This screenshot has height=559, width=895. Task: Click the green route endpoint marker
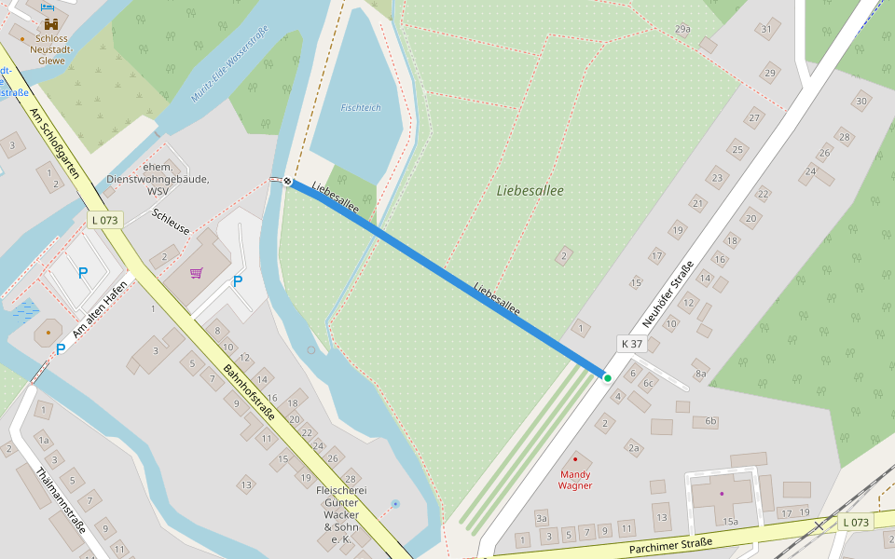click(607, 377)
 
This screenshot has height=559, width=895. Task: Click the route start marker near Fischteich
click(287, 182)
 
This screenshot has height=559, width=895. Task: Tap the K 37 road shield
click(632, 344)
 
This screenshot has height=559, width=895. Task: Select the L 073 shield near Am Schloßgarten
click(106, 220)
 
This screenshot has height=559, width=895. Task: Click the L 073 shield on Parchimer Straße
click(855, 522)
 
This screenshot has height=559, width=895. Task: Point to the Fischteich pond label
click(361, 108)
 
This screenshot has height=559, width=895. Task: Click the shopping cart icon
click(196, 273)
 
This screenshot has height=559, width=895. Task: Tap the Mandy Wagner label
click(575, 480)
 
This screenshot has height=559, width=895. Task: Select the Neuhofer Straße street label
click(668, 293)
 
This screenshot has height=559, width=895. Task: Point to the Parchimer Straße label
click(670, 545)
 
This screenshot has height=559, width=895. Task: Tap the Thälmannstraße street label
click(59, 499)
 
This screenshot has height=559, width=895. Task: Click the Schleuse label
click(171, 221)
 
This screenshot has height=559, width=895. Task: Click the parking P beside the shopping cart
click(237, 280)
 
